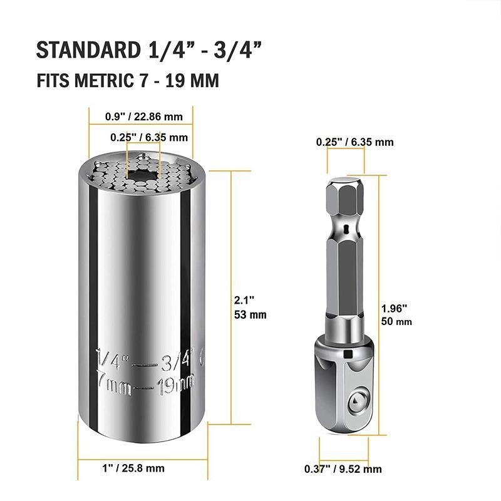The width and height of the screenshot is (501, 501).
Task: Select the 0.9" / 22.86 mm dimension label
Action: click(143, 116)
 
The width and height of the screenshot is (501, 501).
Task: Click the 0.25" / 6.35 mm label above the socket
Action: click(149, 137)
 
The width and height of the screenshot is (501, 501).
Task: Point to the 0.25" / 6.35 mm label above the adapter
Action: click(355, 142)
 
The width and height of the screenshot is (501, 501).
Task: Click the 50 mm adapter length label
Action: click(396, 321)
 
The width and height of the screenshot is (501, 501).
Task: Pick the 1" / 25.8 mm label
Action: click(133, 468)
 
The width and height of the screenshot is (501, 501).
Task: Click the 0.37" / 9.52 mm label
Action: click(343, 468)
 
